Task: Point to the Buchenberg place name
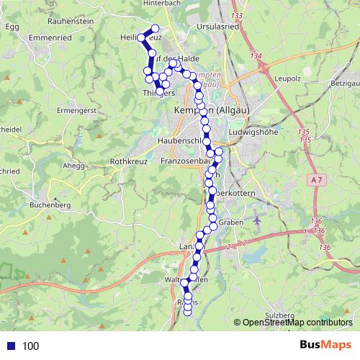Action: (x=50, y=205)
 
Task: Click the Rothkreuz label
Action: (x=128, y=162)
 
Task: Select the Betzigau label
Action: (x=344, y=85)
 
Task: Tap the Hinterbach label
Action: (x=140, y=4)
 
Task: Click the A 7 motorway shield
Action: (x=318, y=178)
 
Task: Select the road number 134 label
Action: (x=257, y=56)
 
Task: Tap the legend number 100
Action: (x=30, y=346)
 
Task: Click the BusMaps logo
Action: (x=325, y=345)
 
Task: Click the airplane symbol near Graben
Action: (x=257, y=218)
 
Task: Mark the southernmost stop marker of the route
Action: (x=189, y=311)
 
